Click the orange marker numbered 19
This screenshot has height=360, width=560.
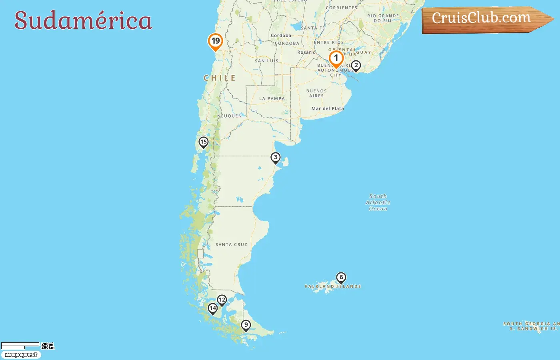[215, 41]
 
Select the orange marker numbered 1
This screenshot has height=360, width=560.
[336, 58]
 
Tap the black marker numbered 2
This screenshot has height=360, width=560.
[356, 66]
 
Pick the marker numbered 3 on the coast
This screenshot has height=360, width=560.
[275, 158]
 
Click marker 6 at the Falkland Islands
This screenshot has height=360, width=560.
[341, 277]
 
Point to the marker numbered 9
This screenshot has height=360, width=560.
[246, 325]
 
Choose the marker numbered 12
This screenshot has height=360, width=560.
[222, 300]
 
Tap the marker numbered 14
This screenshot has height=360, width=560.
[212, 308]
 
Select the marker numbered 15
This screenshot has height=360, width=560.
[203, 142]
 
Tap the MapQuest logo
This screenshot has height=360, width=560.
[21, 355]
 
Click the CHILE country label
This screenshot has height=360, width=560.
[220, 78]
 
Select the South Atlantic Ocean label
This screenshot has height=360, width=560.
[378, 202]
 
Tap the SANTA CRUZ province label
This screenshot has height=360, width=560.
[231, 244]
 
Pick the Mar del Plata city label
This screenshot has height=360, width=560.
[327, 108]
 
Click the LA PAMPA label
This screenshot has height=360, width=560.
[272, 98]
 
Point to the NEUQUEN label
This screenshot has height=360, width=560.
[230, 116]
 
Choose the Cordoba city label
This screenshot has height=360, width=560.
[281, 36]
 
